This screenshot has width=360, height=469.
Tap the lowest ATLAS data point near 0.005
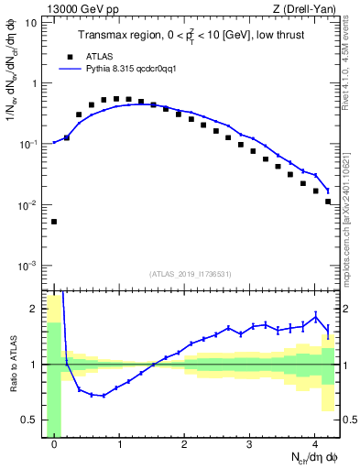[x=54, y=222]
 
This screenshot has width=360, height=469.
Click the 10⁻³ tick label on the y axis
[x=27, y=266]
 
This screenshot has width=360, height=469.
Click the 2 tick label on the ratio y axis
[x=34, y=309]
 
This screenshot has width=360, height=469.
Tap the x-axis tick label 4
[x=314, y=445]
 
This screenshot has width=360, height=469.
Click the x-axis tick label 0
[x=54, y=445]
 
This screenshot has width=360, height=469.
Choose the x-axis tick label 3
[x=249, y=445]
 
